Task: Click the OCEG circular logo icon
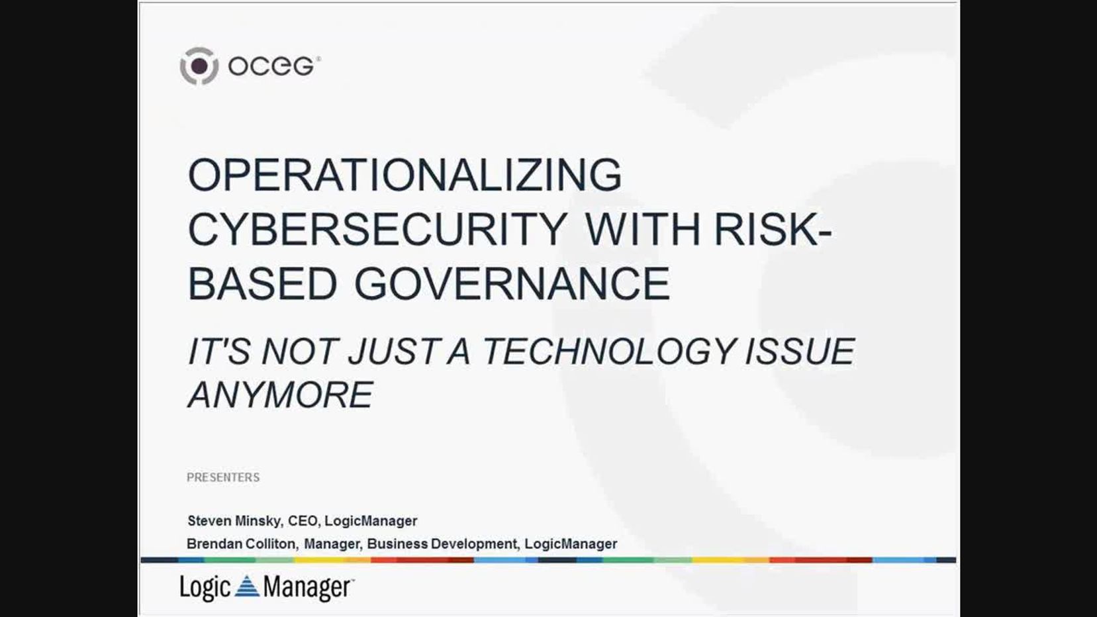pyautogui.click(x=199, y=66)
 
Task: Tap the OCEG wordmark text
pyautogui.click(x=271, y=66)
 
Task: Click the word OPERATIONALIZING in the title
pyautogui.click(x=405, y=175)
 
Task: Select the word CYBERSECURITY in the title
pyautogui.click(x=377, y=230)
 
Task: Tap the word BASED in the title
pyautogui.click(x=263, y=284)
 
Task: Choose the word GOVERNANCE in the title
pyautogui.click(x=512, y=284)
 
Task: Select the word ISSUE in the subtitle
pyautogui.click(x=800, y=351)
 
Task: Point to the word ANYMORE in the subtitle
pyautogui.click(x=281, y=395)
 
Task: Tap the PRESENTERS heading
pyautogui.click(x=223, y=477)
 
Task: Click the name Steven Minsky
pyautogui.click(x=234, y=521)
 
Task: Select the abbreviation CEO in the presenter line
pyautogui.click(x=303, y=521)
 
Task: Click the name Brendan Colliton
pyautogui.click(x=241, y=544)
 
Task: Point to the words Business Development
pyautogui.click(x=442, y=544)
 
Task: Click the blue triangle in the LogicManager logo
pyautogui.click(x=247, y=587)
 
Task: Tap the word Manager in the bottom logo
pyautogui.click(x=307, y=588)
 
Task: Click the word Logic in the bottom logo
pyautogui.click(x=205, y=588)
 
